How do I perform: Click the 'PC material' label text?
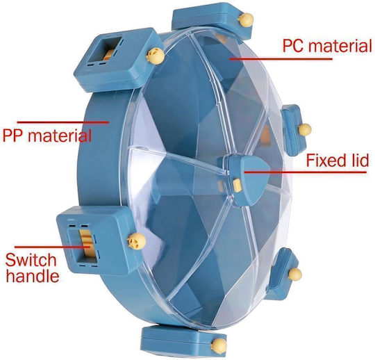(x=327, y=46)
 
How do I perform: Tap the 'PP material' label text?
(x=47, y=136)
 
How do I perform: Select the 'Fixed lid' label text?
(x=337, y=161)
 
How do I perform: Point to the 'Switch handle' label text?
(x=32, y=268)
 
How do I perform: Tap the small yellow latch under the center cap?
(x=237, y=186)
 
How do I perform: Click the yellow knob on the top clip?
(x=246, y=20)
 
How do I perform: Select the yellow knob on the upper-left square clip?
(x=156, y=56)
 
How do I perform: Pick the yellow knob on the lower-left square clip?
(x=137, y=241)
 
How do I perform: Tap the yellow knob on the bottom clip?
(x=219, y=345)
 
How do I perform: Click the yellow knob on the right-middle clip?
(x=305, y=129)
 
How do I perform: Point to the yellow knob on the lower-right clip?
(x=295, y=275)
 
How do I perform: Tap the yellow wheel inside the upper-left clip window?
(x=108, y=55)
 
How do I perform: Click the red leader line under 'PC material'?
(x=281, y=58)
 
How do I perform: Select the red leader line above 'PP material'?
(x=63, y=122)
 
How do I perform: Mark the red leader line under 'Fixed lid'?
(x=305, y=172)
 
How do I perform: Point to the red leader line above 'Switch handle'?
(x=52, y=247)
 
